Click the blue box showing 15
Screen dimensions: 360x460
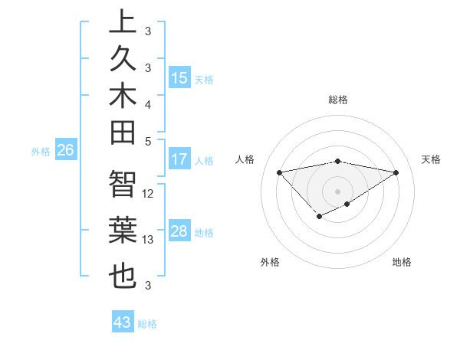[179, 78]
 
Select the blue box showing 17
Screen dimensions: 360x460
[179, 159]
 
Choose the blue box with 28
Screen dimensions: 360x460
[179, 231]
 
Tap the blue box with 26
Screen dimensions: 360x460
[65, 151]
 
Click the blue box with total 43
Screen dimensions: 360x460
[122, 322]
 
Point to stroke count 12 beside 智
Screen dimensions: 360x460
[149, 194]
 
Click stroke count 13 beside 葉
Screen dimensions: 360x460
[149, 240]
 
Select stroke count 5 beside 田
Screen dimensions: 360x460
[148, 141]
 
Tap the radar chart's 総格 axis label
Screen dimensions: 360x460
[338, 100]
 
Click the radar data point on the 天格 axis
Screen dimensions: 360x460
[396, 172]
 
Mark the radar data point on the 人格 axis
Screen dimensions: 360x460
[280, 172]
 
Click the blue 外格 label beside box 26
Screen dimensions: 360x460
[41, 152]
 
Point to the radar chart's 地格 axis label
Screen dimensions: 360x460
[402, 262]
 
